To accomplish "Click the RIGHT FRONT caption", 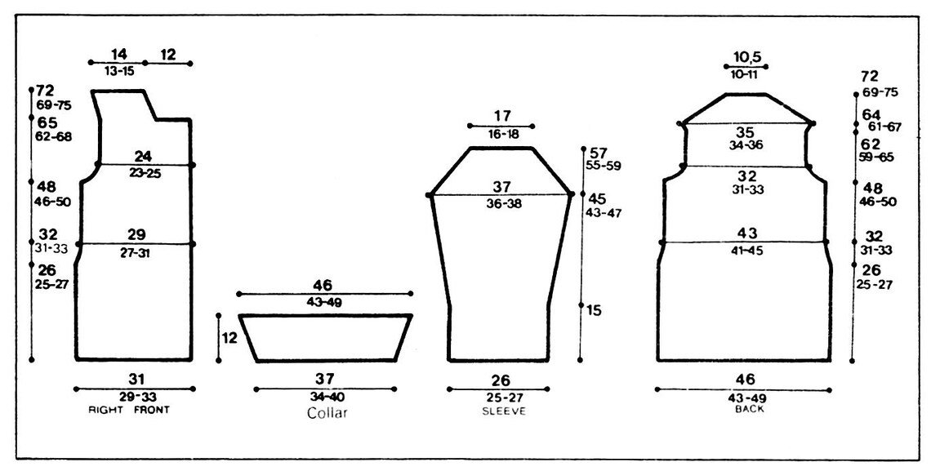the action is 129,410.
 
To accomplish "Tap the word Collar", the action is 327,413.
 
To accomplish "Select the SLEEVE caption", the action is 504,411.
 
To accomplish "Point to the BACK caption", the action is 750,409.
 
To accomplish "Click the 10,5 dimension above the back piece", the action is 746,57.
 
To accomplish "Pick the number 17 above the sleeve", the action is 501,116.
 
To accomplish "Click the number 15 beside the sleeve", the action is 594,310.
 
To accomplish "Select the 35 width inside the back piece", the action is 745,132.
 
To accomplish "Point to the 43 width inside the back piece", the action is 746,233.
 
